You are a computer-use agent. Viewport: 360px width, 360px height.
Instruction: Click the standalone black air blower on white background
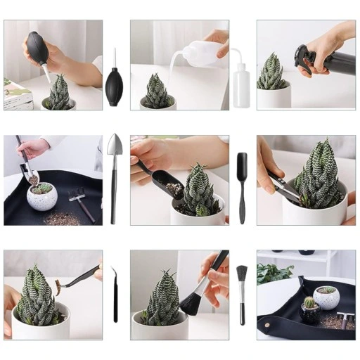point(114,85)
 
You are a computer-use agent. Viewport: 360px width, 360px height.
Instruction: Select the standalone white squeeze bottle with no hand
point(241,81)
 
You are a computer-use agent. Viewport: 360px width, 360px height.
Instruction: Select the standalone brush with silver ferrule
point(242,292)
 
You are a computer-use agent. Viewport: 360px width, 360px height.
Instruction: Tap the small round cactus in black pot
point(309,303)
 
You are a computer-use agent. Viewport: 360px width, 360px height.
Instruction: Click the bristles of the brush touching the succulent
point(191,303)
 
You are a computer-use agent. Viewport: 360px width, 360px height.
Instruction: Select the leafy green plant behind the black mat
point(273,273)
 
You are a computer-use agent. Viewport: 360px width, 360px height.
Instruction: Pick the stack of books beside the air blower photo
point(17,95)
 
